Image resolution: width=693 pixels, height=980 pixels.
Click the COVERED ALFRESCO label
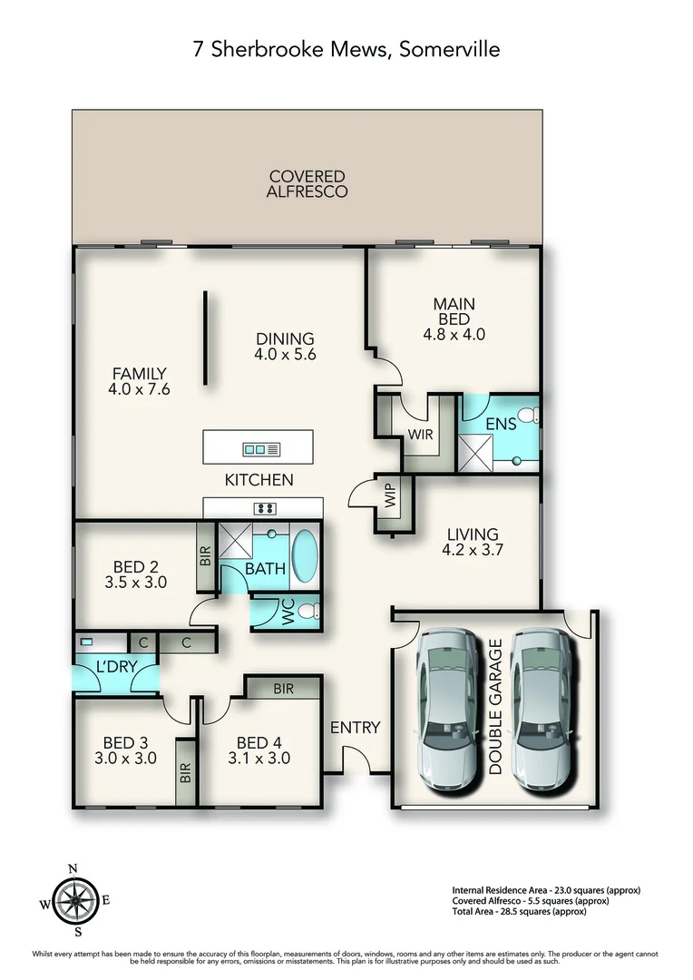(x=307, y=184)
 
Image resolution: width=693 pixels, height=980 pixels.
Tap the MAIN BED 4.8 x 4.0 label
(x=454, y=318)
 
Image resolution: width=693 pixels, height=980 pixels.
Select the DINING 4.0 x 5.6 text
(x=285, y=347)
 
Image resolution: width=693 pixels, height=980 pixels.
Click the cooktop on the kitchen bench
(x=265, y=509)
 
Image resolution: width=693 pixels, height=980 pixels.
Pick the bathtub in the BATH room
(x=305, y=556)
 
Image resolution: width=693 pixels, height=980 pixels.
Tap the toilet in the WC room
(x=308, y=611)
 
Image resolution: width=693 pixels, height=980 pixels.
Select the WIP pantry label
(x=391, y=495)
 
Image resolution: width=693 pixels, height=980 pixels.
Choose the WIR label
(x=420, y=434)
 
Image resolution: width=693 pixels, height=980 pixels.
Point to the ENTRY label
(x=355, y=728)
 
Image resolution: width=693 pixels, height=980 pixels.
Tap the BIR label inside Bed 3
(x=185, y=773)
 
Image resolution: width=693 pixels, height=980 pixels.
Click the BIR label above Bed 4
(x=283, y=689)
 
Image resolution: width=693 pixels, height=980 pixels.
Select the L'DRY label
(x=116, y=667)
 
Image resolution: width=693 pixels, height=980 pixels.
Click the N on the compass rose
(x=73, y=868)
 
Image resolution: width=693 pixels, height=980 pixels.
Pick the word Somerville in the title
(x=449, y=49)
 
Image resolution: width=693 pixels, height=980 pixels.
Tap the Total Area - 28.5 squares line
(x=519, y=912)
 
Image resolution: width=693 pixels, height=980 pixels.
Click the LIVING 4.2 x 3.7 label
(x=473, y=542)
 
